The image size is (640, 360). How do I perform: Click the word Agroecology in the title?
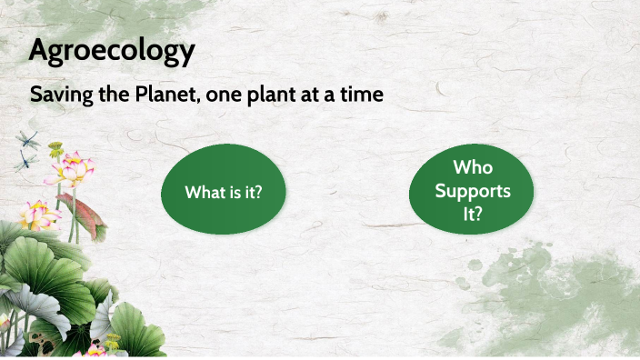112,51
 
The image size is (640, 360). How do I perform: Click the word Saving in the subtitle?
55,94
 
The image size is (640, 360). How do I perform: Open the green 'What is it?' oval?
223,192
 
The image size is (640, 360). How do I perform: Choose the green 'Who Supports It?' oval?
471,192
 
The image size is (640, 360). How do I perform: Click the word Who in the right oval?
471,169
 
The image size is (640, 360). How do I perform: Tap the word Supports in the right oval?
471,192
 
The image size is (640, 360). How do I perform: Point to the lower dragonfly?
25,162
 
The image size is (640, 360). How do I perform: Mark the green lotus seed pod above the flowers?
56,146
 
